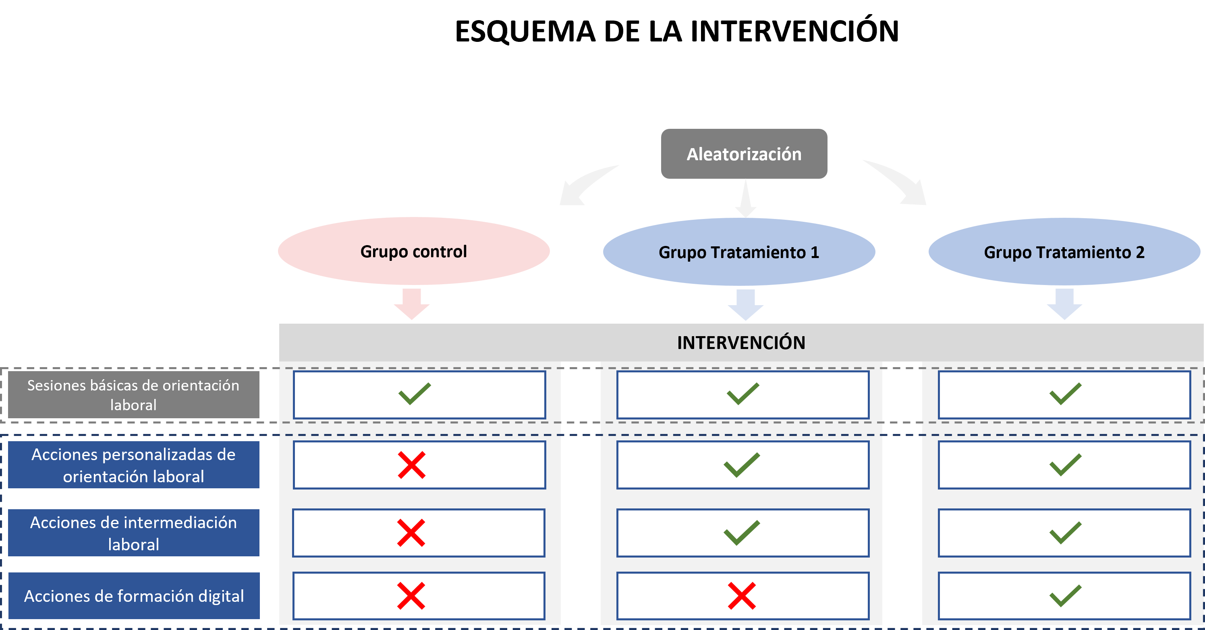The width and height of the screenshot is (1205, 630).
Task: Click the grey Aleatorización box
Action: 744,154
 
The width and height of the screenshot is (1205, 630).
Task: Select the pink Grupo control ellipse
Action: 413,252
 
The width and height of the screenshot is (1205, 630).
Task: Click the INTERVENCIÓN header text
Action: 741,343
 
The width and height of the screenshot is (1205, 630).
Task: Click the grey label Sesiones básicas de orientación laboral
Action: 133,395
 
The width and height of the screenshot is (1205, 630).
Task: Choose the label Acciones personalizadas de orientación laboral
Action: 133,465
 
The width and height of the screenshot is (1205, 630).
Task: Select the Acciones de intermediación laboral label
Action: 133,533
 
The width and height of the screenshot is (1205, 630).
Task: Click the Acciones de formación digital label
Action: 134,596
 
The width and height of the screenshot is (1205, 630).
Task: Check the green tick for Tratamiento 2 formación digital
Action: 1065,596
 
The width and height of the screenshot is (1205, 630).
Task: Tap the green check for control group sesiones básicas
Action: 414,394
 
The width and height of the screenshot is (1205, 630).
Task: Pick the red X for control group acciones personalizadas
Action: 412,465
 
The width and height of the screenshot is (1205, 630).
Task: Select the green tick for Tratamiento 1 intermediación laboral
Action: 741,533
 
